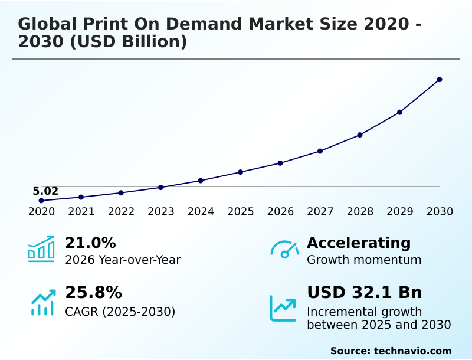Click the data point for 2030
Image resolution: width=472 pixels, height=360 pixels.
click(440, 79)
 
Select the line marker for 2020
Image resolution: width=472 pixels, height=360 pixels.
click(41, 201)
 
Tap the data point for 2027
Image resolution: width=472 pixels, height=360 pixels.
click(320, 151)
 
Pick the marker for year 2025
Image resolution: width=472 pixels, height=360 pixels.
click(240, 172)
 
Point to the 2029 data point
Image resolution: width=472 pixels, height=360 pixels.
click(399, 112)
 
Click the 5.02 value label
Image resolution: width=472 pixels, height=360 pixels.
click(45, 191)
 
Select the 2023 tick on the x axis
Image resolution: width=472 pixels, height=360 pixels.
click(161, 212)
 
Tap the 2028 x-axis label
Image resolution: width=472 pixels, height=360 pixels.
click(360, 212)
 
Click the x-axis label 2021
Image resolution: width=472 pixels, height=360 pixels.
click(81, 212)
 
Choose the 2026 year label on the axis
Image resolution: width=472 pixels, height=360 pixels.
click(280, 212)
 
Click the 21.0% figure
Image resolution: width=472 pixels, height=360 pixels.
click(90, 243)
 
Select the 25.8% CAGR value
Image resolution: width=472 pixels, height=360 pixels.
click(93, 293)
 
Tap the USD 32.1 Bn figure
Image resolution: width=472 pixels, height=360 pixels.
click(365, 293)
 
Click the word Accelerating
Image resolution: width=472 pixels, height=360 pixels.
click(359, 243)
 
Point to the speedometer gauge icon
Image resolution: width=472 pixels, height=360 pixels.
click(284, 249)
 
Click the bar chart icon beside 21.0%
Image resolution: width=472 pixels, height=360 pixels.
click(41, 249)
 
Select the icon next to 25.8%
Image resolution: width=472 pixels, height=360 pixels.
click(42, 302)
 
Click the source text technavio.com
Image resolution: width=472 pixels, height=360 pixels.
click(412, 351)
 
